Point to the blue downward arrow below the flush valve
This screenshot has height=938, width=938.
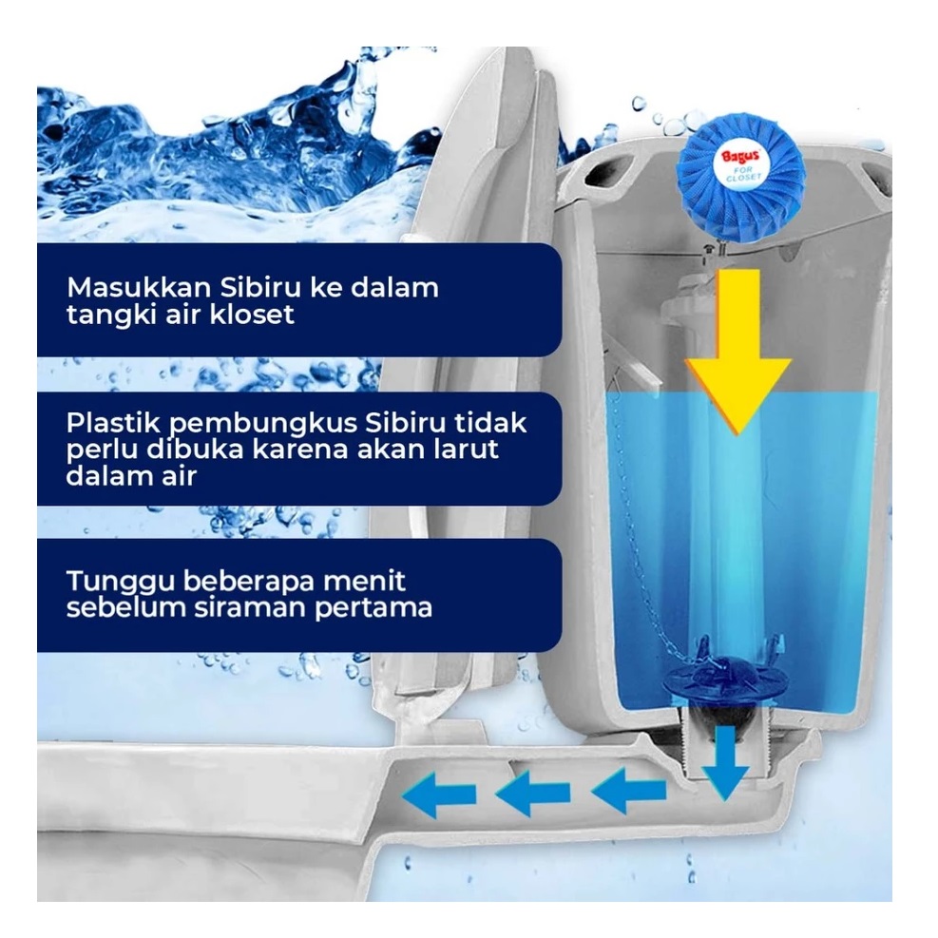[x=728, y=760]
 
